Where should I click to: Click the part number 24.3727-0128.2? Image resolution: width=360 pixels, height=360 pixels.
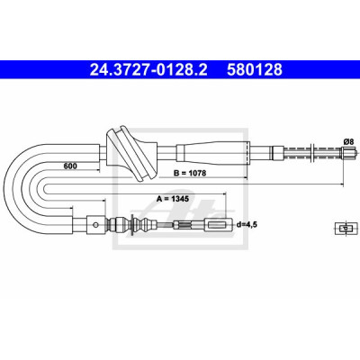coord(148,69)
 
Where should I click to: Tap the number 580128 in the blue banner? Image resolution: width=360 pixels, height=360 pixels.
coord(255,69)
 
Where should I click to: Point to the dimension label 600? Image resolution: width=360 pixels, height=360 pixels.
coord(70,166)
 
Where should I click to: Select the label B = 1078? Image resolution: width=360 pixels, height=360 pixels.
coord(190,173)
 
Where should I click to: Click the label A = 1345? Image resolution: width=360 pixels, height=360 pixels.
coord(173,199)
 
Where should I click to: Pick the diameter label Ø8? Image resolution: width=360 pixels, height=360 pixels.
coord(348,141)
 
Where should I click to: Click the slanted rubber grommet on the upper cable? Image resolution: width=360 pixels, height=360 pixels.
coord(131,153)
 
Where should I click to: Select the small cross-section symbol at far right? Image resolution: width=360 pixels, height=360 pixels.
coord(346,229)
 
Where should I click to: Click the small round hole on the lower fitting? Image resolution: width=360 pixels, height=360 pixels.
coord(95,225)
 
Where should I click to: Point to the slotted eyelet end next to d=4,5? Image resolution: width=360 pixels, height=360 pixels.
coord(219,225)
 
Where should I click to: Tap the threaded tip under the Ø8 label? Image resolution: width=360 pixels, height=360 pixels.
coord(348,153)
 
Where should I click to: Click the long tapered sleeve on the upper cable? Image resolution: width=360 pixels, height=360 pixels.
coord(212,153)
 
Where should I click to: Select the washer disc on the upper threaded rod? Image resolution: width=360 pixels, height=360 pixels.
coord(312,153)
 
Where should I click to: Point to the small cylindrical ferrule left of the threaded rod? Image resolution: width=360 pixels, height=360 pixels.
coord(278,153)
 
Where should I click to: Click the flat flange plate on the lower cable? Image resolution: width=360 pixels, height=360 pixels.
coord(131,224)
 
